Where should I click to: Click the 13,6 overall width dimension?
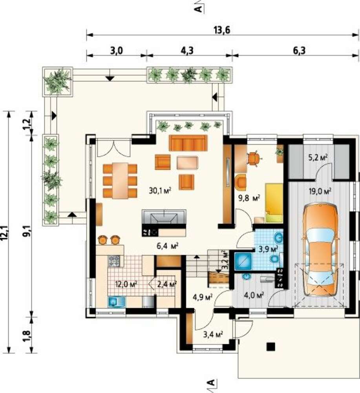222,30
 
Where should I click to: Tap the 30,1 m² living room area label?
160,191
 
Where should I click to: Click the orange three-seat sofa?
188,143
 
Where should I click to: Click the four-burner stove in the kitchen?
114,261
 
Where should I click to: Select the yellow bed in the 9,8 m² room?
274,203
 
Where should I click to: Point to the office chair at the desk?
254,158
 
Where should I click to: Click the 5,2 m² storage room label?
318,158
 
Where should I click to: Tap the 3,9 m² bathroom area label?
269,250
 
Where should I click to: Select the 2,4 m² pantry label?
167,284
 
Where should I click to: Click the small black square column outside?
270,347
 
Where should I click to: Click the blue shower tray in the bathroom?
243,261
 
